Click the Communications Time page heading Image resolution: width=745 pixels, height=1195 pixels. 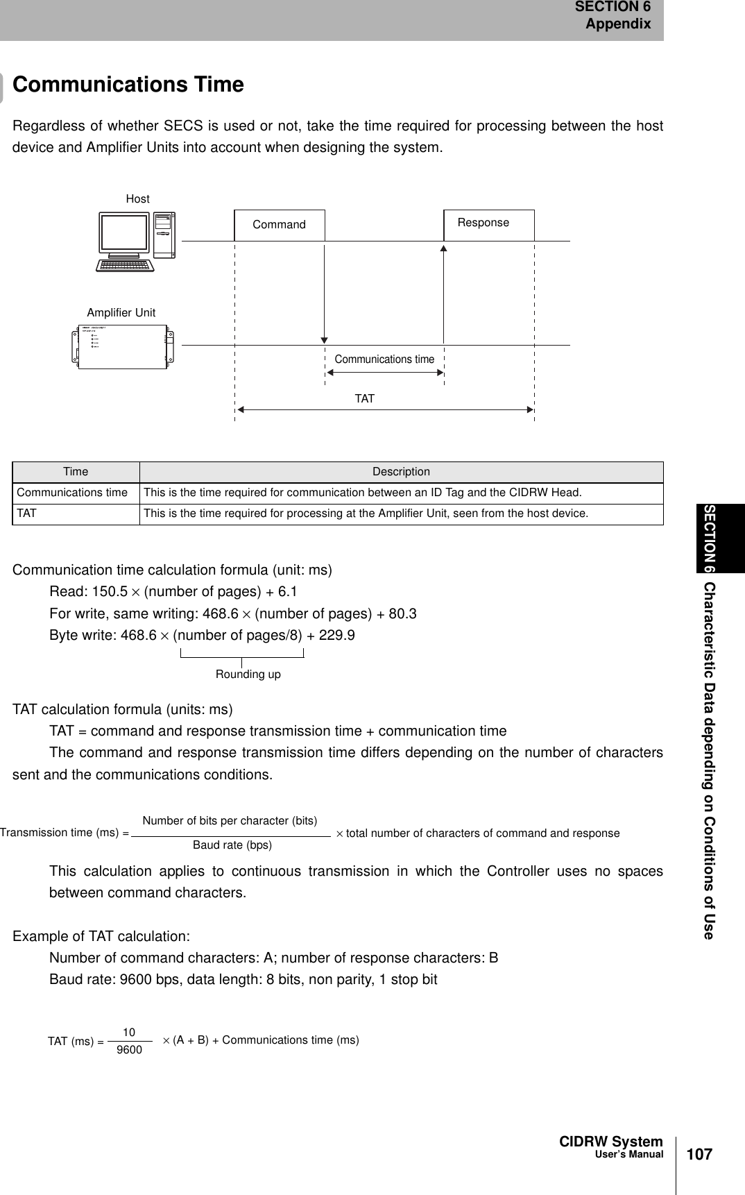(x=128, y=85)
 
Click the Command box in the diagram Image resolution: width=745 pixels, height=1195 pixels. (x=279, y=225)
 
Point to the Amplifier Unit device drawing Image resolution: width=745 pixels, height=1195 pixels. (x=122, y=346)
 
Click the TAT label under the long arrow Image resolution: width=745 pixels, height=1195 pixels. (x=364, y=399)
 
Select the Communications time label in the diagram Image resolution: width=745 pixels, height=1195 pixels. (x=384, y=359)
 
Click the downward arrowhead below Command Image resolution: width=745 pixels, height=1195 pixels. (x=324, y=339)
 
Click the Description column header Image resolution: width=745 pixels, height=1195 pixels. (x=401, y=472)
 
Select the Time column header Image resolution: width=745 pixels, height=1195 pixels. (x=76, y=472)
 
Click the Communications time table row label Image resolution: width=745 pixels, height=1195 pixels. (x=72, y=493)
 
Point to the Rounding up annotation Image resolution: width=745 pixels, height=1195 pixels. (x=248, y=675)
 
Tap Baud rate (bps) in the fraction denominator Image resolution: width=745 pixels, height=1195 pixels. (x=232, y=845)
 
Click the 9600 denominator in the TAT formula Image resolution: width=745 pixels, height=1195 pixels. (x=129, y=1050)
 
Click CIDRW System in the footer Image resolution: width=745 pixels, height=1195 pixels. (x=610, y=1142)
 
